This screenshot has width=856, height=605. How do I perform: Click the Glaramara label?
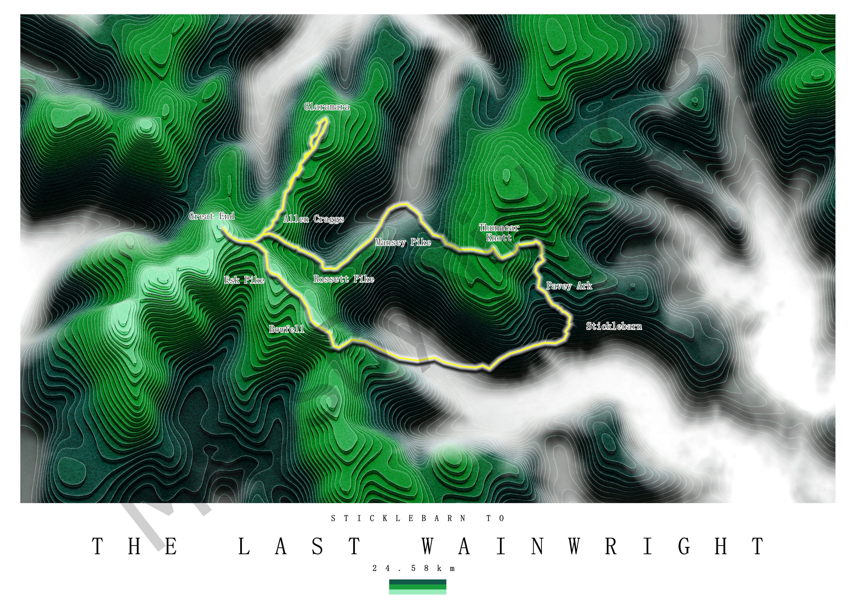[x=327, y=107]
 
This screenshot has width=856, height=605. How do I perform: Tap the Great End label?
[x=211, y=216]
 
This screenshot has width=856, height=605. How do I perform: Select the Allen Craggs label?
[x=314, y=219]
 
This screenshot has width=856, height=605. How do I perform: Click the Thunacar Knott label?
[x=499, y=232]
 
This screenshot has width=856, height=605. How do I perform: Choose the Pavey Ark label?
[x=569, y=286]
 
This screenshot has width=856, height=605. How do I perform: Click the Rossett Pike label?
[x=344, y=279]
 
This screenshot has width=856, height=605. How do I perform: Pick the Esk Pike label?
[x=244, y=280]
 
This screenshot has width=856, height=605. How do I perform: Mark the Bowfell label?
[x=286, y=329]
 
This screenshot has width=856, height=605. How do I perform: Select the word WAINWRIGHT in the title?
[x=593, y=547]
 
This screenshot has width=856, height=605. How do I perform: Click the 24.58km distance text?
[x=414, y=568]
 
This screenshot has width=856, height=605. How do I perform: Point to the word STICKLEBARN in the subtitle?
[x=398, y=519]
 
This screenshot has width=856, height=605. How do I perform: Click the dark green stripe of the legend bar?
[x=417, y=582]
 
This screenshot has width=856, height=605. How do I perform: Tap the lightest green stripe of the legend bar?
[x=417, y=592]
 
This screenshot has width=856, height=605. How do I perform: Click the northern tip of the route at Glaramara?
[x=326, y=119]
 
